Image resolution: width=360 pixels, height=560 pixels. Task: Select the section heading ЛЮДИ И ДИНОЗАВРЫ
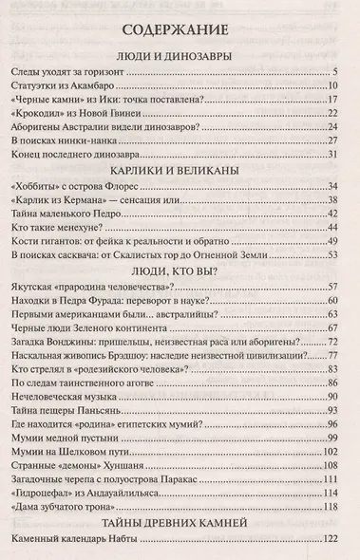[180, 55]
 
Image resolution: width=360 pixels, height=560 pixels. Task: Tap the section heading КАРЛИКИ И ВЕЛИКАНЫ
[180, 172]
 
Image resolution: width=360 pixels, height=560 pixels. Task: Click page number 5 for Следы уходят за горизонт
[337, 73]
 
